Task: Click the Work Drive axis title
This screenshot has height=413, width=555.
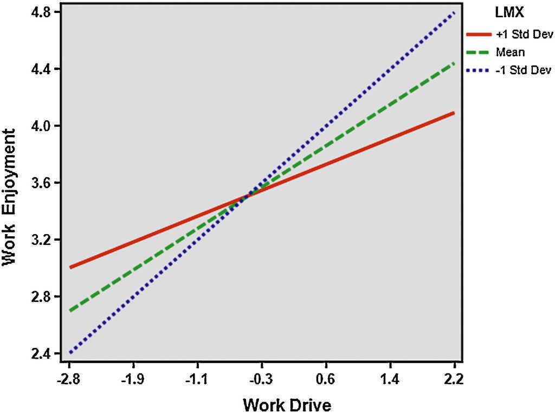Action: [287, 404]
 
